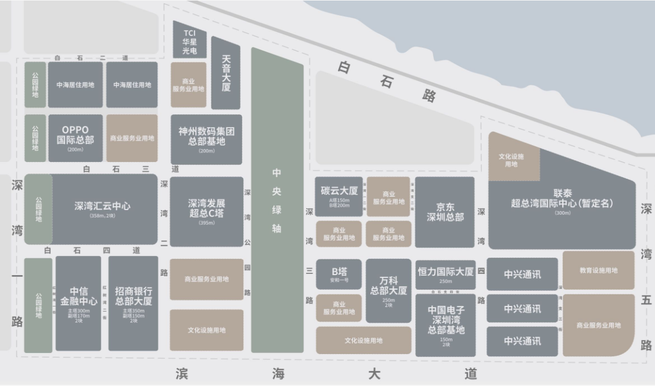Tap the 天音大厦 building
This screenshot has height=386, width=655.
(x=225, y=73)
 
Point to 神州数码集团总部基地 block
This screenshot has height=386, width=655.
(x=206, y=139)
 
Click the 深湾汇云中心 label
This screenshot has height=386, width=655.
(x=102, y=206)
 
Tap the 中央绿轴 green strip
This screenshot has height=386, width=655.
(x=277, y=200)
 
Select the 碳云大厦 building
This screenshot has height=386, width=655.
(x=339, y=196)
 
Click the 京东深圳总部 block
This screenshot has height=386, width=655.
(x=445, y=211)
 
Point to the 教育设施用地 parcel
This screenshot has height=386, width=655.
(x=598, y=270)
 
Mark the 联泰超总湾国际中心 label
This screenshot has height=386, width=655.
(x=562, y=198)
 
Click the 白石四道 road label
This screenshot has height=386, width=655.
(x=92, y=251)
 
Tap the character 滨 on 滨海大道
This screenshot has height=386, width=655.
(x=182, y=374)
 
